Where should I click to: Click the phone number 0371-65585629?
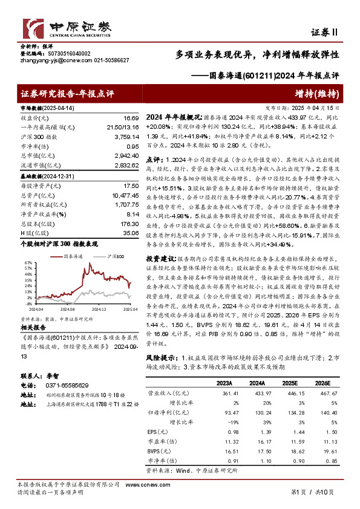[67, 385]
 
